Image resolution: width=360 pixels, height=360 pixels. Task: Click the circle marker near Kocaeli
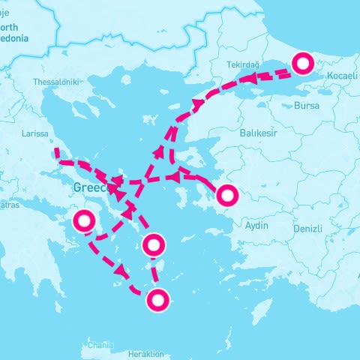coord(303,64)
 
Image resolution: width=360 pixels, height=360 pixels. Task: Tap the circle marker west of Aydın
coord(227,196)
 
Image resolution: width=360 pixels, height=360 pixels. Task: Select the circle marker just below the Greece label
coord(83,221)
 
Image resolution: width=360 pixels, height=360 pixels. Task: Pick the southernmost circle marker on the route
coord(157,301)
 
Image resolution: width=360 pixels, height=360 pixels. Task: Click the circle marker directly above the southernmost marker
coord(153,244)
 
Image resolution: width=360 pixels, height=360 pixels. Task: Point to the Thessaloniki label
coord(56,82)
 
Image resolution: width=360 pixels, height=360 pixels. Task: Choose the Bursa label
coord(307,106)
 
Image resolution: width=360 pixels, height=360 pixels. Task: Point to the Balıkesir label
coord(259,132)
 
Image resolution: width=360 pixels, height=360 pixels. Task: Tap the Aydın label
coord(256,226)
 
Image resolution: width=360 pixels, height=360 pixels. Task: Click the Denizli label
coord(307,228)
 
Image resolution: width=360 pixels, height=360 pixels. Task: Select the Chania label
coord(100,346)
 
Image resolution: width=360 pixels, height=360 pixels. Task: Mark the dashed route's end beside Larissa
coord(56,151)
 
